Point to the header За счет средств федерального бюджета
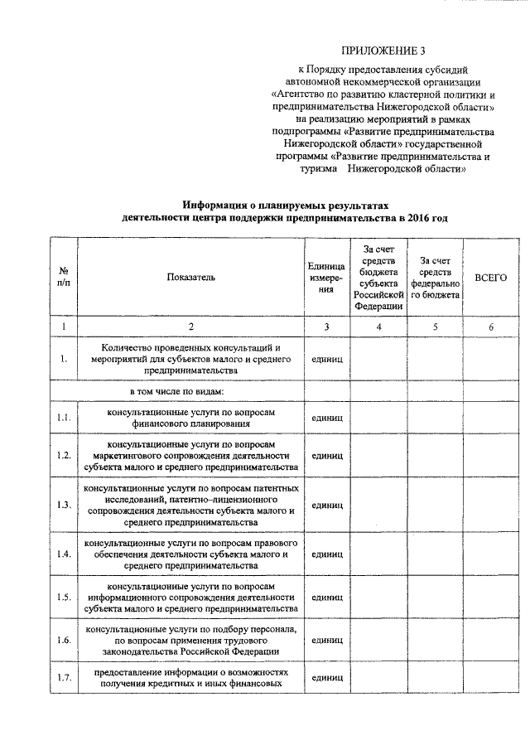click(435, 278)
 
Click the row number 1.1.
click(63, 418)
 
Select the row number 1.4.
click(63, 554)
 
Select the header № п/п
click(63, 278)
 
